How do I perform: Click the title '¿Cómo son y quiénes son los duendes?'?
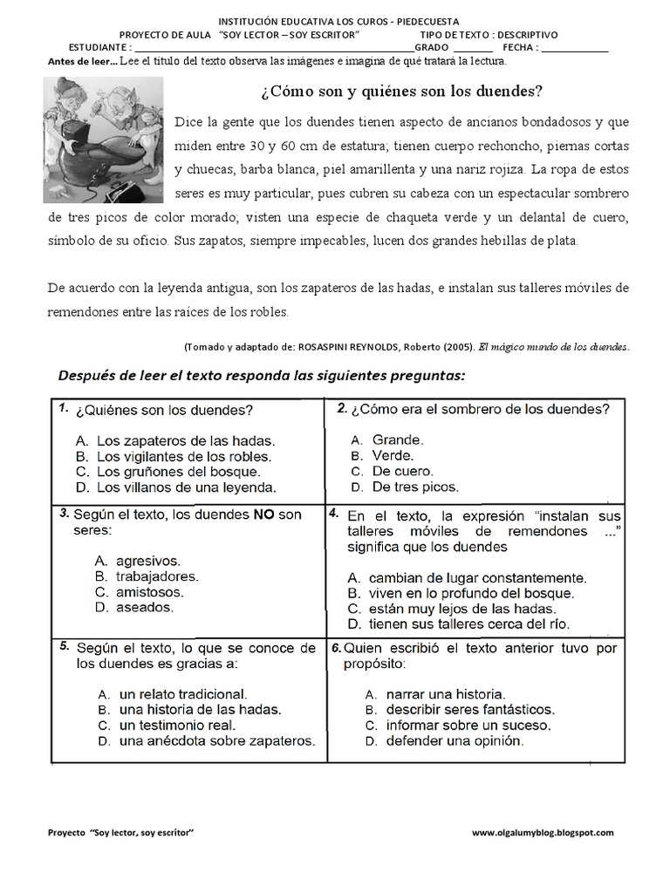(396, 92)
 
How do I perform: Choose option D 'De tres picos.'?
(414, 487)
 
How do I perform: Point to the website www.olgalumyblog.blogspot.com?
(543, 833)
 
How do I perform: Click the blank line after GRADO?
(473, 48)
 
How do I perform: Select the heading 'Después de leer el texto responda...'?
(262, 376)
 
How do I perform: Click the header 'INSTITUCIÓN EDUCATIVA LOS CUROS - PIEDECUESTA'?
(339, 21)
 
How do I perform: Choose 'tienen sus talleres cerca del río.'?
(469, 624)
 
